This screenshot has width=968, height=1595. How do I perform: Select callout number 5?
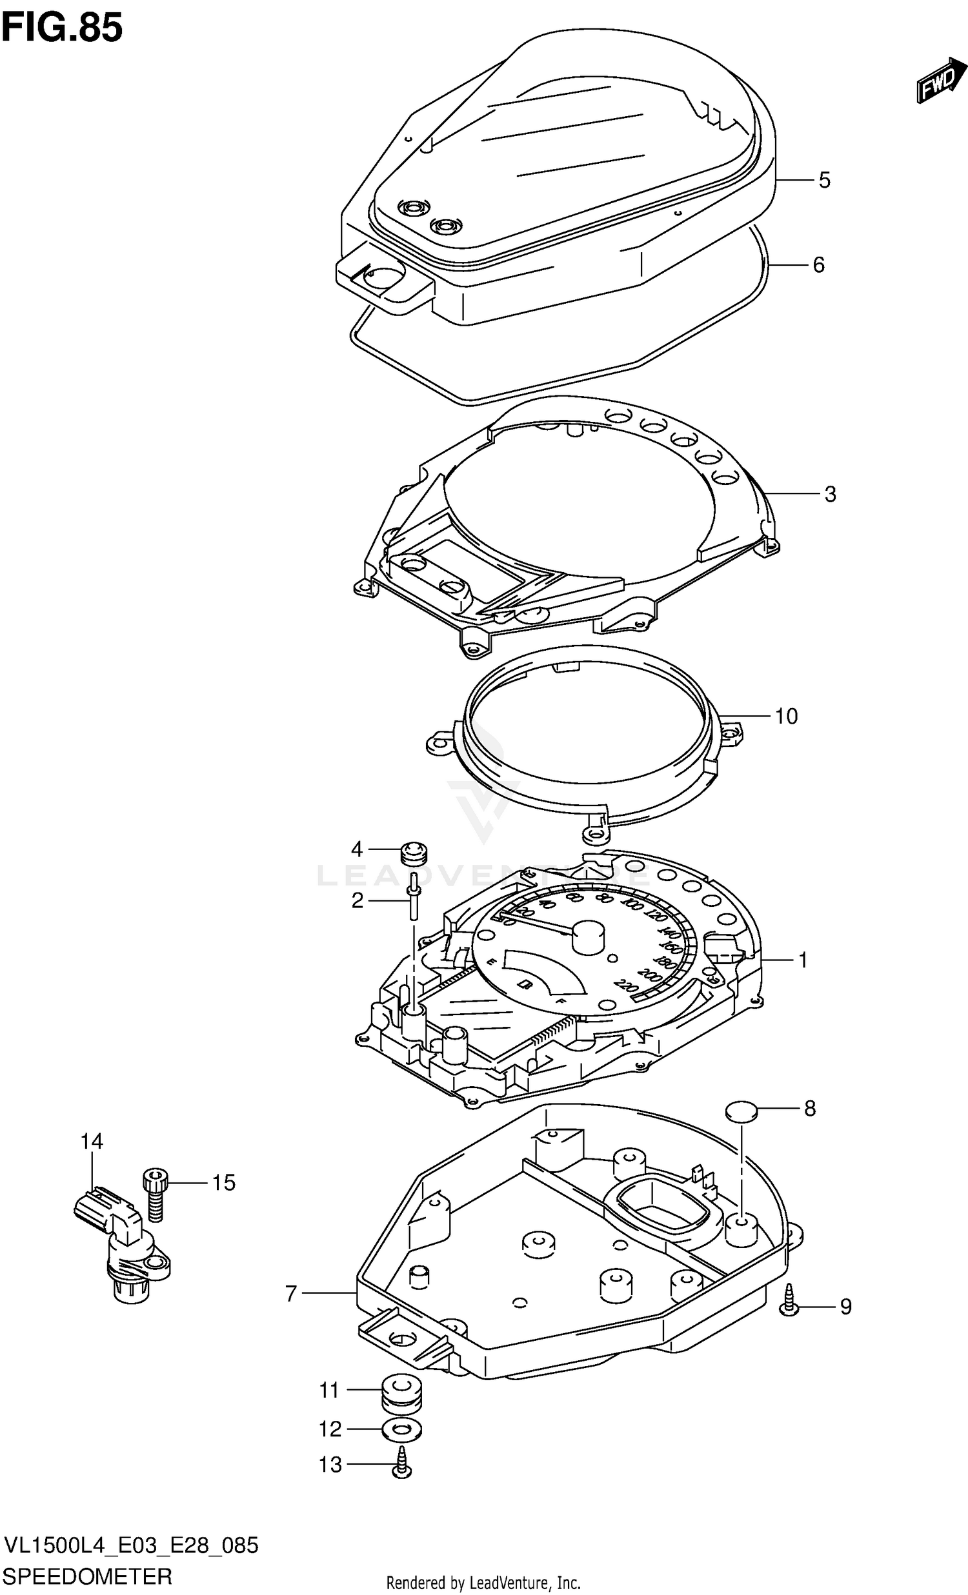point(823,180)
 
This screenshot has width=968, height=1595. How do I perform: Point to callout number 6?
point(818,264)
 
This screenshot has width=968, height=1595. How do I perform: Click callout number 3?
point(830,494)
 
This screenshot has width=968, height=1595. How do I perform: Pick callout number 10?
point(786,716)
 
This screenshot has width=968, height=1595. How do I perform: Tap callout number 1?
point(803,960)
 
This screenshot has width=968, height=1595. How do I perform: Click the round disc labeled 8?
point(741,1111)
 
